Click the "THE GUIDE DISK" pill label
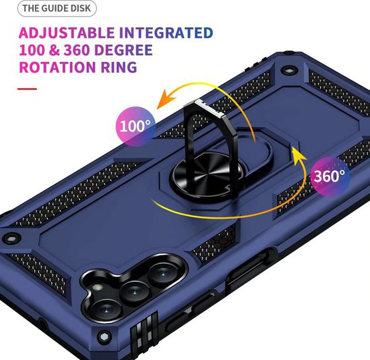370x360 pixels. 57,8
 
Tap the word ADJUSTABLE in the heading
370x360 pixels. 67,33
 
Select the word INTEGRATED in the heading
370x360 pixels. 166,33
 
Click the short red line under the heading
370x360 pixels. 27,89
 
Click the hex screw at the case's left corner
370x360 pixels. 10,238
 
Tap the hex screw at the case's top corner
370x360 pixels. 288,70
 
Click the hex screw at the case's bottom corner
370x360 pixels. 104,337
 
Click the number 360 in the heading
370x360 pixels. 76,50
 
